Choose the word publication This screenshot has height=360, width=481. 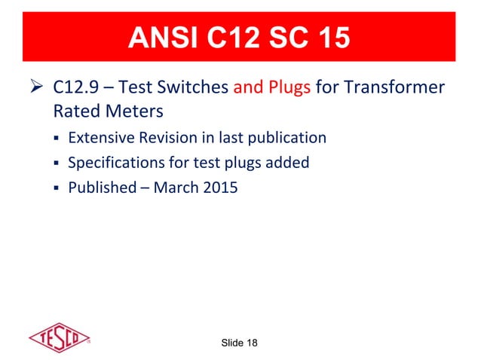pyautogui.click(x=287, y=139)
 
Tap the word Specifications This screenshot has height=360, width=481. pyautogui.click(x=112, y=163)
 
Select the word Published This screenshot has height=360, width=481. pyautogui.click(x=100, y=187)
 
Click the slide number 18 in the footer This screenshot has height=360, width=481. pyautogui.click(x=250, y=343)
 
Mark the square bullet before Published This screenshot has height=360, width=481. pyautogui.click(x=57, y=188)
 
